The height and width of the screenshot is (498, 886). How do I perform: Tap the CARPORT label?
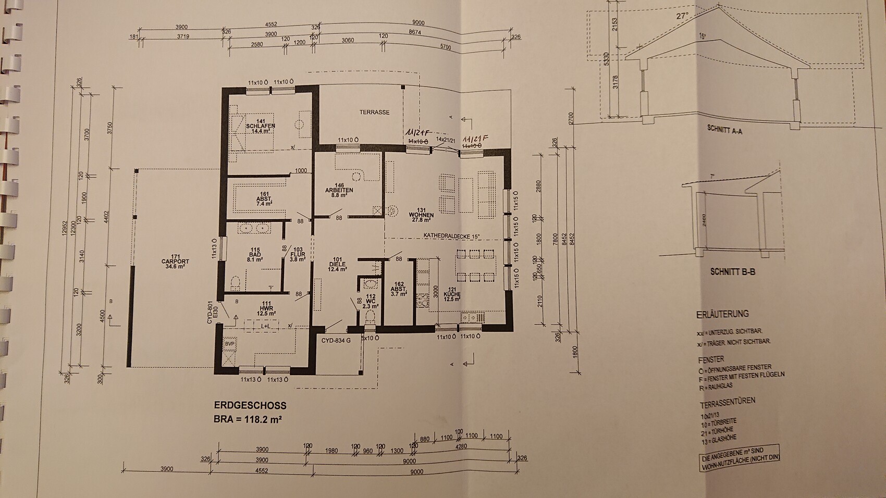[x=176, y=262]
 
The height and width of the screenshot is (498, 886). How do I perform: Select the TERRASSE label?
[x=374, y=113]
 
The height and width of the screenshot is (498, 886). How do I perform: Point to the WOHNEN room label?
[x=422, y=215]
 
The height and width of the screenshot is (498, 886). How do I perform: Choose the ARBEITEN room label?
[x=339, y=191]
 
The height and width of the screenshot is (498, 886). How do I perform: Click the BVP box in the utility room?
[x=229, y=344]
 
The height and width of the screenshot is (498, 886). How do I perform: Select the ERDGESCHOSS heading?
[x=250, y=405]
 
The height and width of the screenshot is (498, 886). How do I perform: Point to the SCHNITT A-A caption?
[x=724, y=130]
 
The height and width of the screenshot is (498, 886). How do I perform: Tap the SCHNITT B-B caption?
[x=732, y=272]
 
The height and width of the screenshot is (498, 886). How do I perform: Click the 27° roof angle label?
[x=683, y=16]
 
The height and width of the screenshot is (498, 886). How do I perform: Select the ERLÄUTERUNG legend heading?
[x=722, y=314]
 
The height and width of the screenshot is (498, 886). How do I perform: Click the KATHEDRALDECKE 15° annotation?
[x=451, y=236]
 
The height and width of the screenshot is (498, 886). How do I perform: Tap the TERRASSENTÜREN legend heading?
[x=726, y=401]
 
